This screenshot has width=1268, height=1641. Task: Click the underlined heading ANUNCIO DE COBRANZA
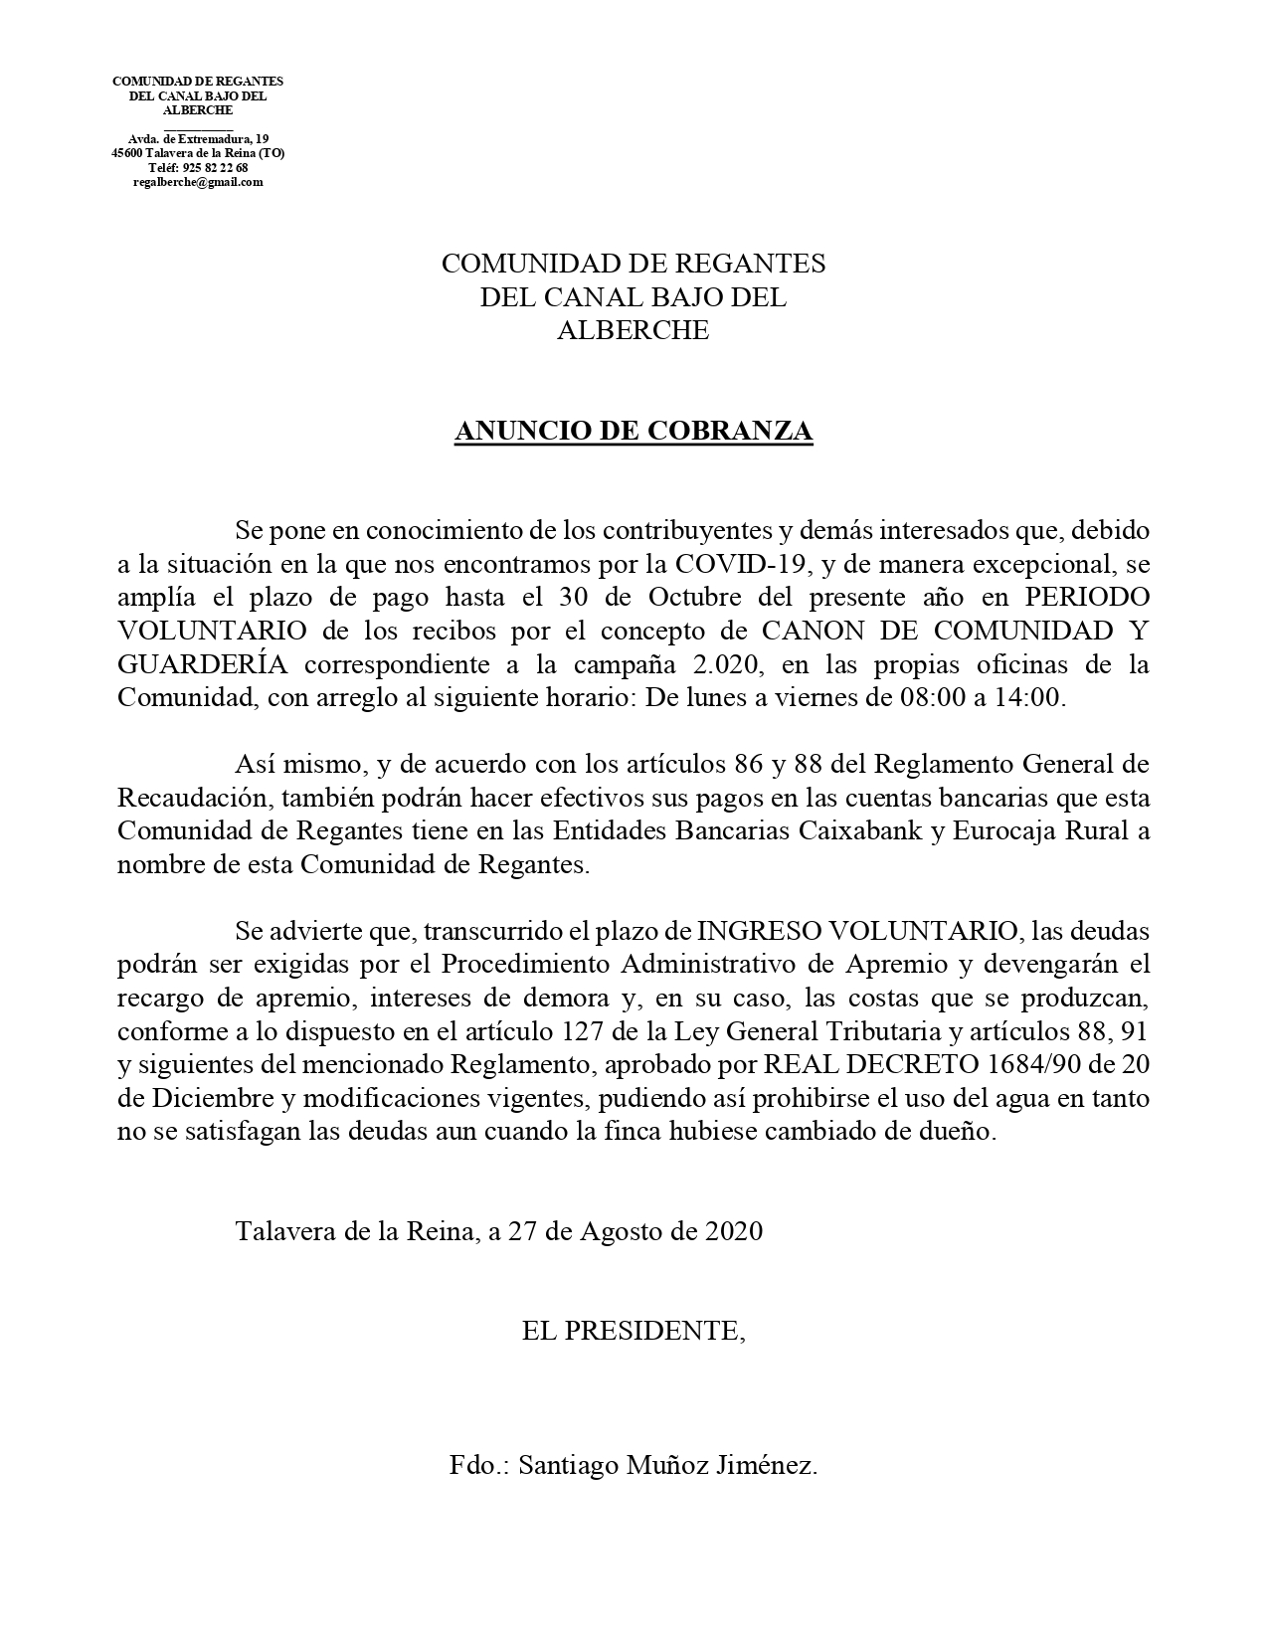point(634,432)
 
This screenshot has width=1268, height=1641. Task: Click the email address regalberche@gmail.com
point(198,182)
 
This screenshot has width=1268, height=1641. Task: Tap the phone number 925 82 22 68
point(215,168)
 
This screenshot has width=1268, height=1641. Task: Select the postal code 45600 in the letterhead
point(127,153)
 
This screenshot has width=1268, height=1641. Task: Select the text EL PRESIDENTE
point(631,1331)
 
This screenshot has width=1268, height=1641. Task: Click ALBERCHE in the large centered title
point(634,331)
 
